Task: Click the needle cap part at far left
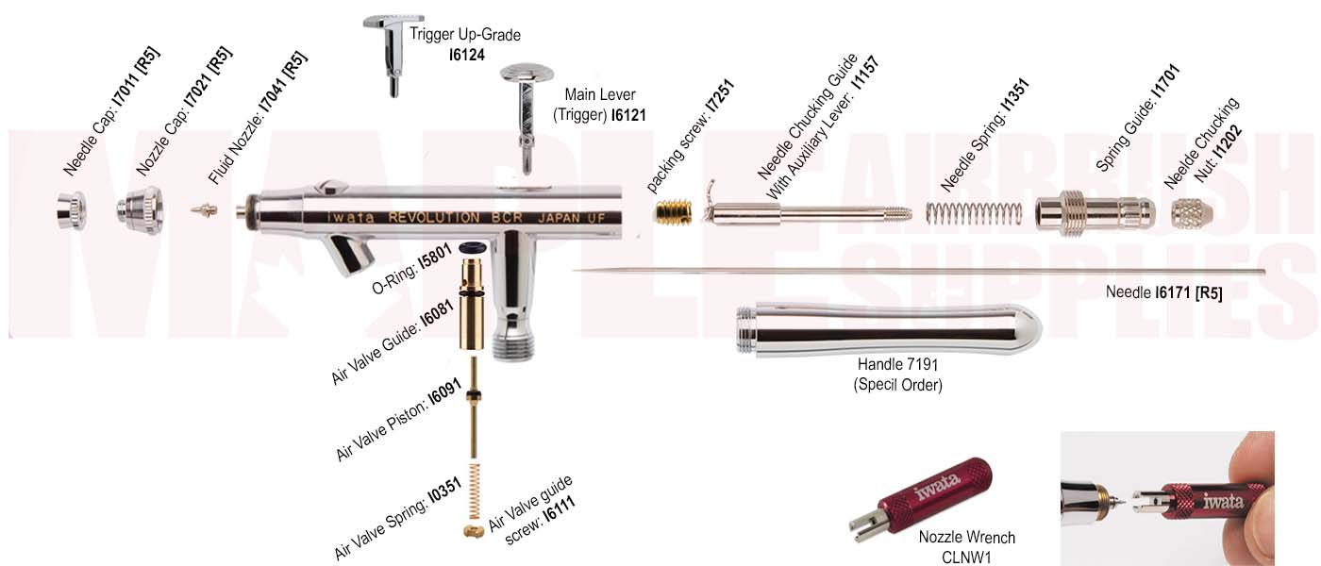(72, 209)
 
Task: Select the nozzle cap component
(139, 209)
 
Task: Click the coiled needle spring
(972, 212)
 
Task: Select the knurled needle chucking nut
(1190, 212)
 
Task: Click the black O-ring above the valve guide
(472, 247)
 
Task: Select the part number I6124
(466, 55)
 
